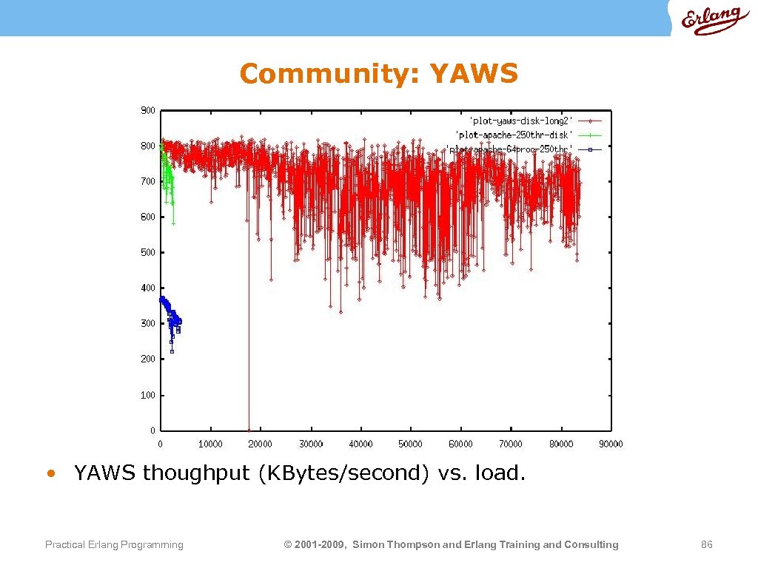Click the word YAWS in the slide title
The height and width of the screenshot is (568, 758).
pos(474,74)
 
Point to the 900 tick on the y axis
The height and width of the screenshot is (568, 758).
pos(148,110)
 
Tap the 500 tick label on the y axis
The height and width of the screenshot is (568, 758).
pos(148,252)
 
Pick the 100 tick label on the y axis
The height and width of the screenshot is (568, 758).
pos(148,395)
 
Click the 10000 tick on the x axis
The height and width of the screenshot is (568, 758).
pos(210,444)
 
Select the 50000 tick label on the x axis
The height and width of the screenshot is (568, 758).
pos(411,444)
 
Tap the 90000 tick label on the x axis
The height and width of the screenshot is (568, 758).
pos(611,444)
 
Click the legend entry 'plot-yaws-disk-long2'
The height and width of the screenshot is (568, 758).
pos(521,120)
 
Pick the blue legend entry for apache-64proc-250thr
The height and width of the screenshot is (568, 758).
pos(511,149)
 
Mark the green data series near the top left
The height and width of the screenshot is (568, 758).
pos(167,174)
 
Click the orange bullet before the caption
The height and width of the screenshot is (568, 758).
pos(50,473)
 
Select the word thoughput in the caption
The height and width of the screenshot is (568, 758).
pos(196,473)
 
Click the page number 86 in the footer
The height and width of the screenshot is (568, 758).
pos(706,545)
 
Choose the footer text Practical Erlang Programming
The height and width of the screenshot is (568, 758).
pos(114,545)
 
